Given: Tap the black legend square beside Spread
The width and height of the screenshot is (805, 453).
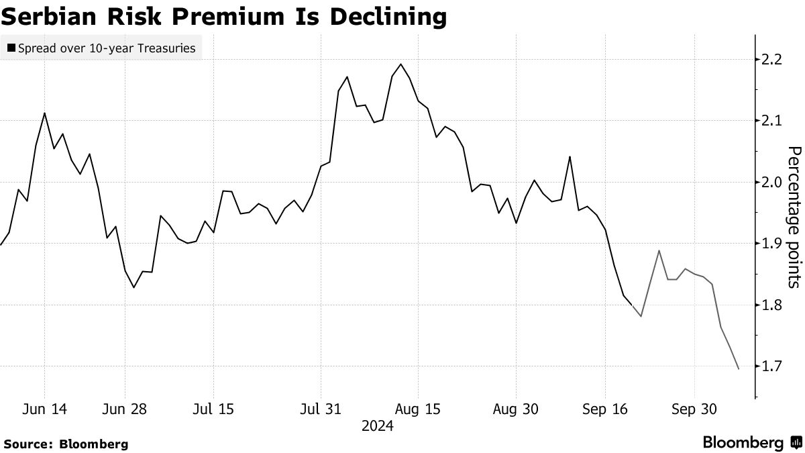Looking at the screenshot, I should (x=11, y=48).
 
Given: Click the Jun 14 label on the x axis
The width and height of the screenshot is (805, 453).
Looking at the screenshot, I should (x=45, y=409).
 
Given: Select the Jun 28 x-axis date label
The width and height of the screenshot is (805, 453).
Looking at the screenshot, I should (x=125, y=409).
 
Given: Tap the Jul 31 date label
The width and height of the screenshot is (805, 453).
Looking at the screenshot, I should (x=320, y=409).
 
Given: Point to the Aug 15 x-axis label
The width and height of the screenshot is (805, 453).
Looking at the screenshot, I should (x=418, y=409).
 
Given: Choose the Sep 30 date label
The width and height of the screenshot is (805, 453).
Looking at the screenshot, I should (x=693, y=409).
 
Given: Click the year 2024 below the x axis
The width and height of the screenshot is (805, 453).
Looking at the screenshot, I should (x=377, y=425).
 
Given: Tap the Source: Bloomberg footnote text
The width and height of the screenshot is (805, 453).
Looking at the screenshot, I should (x=65, y=444).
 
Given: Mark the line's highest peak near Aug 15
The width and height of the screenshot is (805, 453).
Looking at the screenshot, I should (x=400, y=64).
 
